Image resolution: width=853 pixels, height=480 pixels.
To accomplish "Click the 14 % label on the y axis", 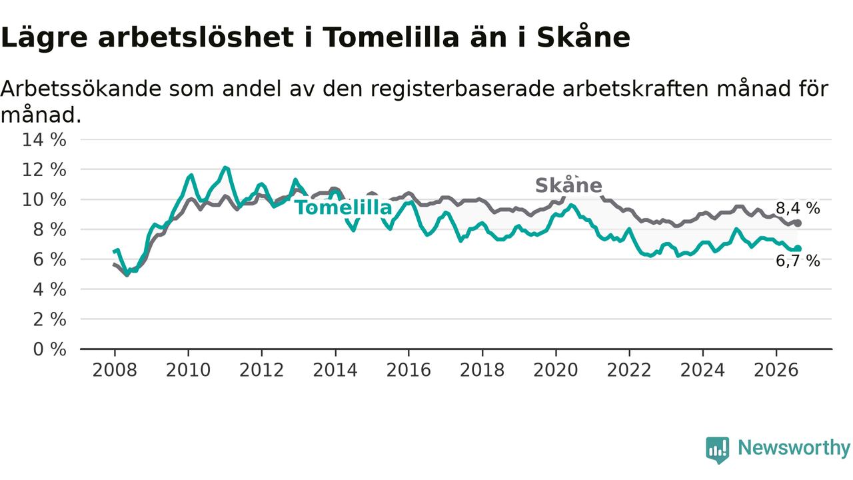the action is click(x=44, y=140).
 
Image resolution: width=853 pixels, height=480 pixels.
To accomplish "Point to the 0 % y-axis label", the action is click(x=49, y=349).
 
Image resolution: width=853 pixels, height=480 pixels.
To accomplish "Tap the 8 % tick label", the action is click(x=49, y=230).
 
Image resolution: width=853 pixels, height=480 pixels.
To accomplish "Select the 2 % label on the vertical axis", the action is click(x=49, y=319).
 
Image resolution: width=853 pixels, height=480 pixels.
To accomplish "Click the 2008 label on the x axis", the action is click(x=115, y=370).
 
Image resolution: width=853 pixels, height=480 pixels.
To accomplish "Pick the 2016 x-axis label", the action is click(x=409, y=370).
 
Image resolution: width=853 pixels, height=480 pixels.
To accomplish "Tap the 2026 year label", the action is click(x=776, y=370).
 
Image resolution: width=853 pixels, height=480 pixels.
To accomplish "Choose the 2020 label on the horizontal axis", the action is click(x=556, y=370).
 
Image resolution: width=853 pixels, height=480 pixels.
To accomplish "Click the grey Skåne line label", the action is click(x=568, y=185).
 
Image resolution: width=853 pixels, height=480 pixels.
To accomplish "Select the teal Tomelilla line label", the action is click(x=343, y=207).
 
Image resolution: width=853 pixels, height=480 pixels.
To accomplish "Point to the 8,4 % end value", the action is click(x=798, y=209).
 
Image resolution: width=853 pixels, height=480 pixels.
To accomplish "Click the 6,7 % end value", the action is click(x=798, y=261).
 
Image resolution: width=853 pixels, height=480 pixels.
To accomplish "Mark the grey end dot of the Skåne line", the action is click(x=798, y=223).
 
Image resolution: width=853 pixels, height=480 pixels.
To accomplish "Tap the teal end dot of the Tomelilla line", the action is click(x=798, y=249).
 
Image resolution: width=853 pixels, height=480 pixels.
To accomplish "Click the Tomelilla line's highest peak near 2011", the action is click(x=225, y=167).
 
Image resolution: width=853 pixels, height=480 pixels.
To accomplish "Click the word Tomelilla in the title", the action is click(x=391, y=37).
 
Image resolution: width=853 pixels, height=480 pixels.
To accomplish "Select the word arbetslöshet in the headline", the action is click(x=196, y=37).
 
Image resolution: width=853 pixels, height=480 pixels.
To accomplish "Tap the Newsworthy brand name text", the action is click(x=794, y=448).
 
